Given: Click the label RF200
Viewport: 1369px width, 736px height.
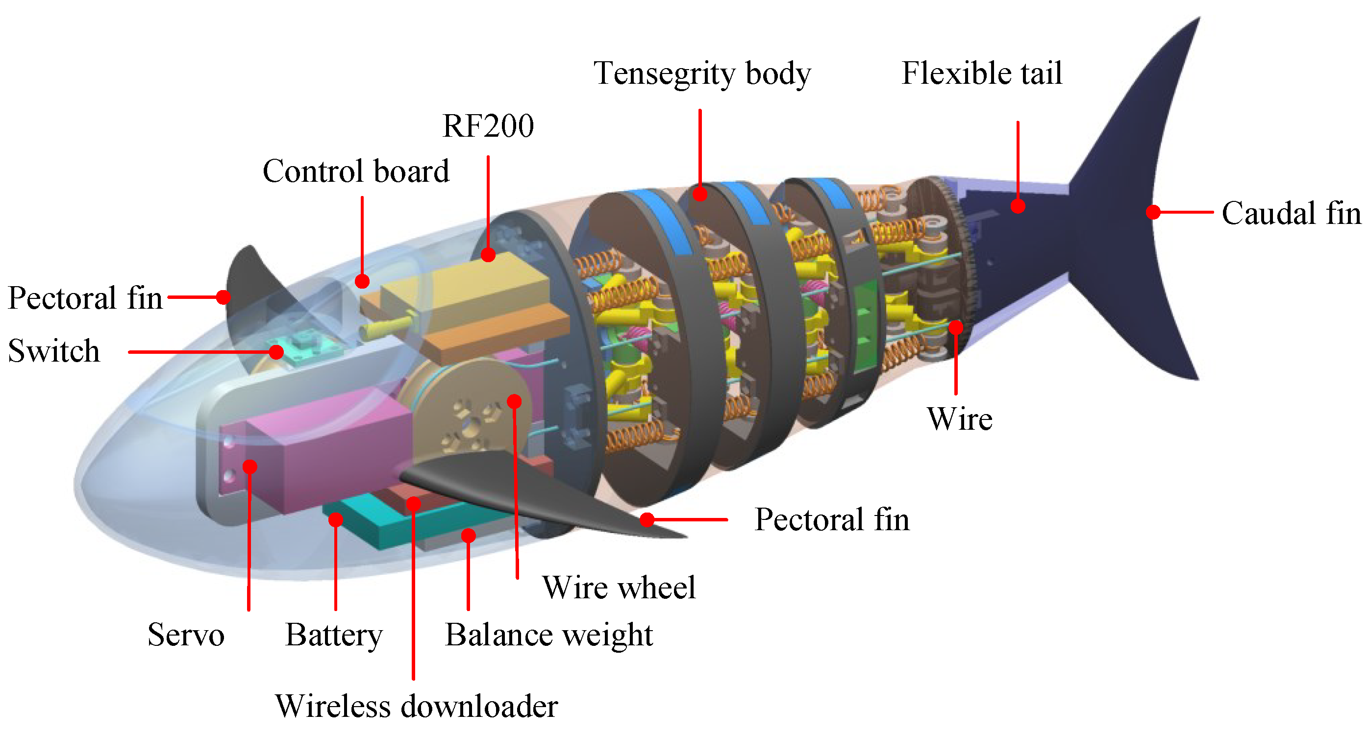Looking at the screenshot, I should point(488,126).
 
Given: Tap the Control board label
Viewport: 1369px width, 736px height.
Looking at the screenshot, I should point(355,171).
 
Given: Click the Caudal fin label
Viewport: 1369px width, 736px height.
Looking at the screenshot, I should point(1291,213).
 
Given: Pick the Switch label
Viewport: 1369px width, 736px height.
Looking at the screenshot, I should point(54,351).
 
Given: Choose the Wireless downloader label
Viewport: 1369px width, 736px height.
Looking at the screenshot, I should point(416,706).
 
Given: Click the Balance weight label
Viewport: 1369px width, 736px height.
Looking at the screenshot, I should point(548,635).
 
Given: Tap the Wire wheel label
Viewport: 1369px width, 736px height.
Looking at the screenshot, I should point(619,587).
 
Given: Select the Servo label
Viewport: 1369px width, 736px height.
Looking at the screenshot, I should point(185,635).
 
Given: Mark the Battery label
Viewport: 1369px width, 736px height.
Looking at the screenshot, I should point(334,635).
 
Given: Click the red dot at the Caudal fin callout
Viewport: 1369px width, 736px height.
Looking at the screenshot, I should point(1153,212).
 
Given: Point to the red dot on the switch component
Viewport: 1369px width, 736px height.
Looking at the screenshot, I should point(276,352).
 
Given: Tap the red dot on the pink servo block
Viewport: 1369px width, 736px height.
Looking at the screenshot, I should point(250,466).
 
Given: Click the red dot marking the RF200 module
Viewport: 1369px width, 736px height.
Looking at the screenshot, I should point(488,255).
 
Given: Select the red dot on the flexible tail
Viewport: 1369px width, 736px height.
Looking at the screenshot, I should point(1018,206).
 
